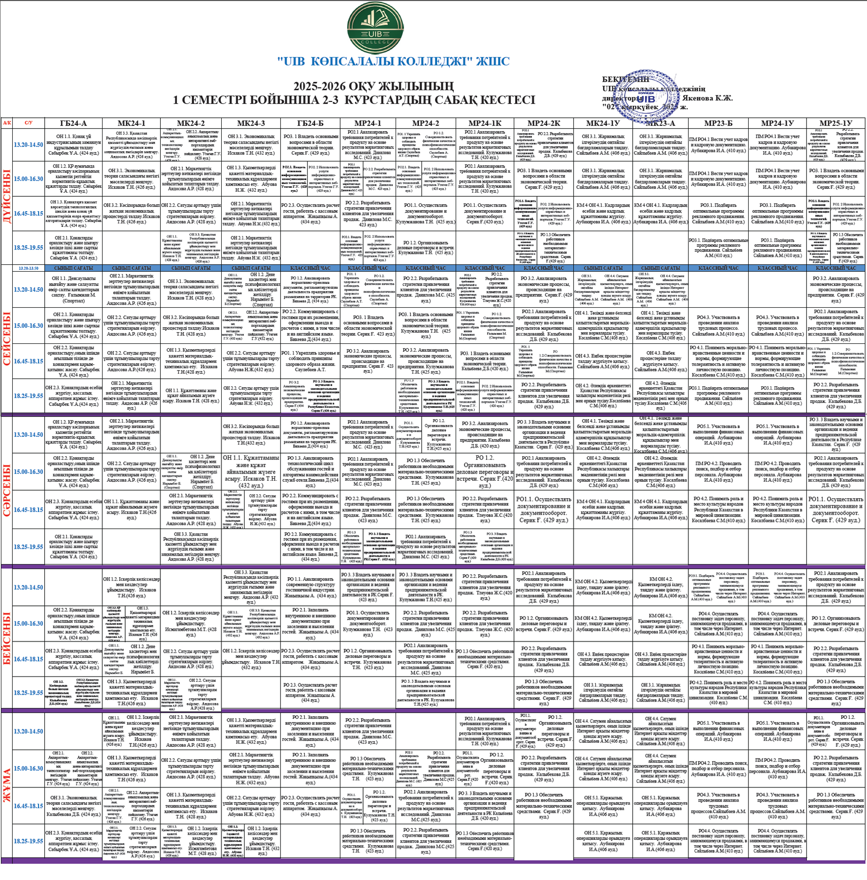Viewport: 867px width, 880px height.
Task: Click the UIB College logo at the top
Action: point(375,28)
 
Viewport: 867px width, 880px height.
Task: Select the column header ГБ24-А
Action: point(73,123)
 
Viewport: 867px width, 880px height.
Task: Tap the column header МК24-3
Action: point(251,123)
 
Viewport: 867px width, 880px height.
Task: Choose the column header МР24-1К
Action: point(485,123)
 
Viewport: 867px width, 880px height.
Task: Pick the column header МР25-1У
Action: point(836,123)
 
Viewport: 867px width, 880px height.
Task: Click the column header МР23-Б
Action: point(718,123)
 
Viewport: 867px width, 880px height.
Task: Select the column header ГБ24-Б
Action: point(310,123)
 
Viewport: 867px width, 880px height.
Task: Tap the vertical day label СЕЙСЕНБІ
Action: point(7,339)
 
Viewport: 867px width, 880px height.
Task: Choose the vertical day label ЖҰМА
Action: point(7,785)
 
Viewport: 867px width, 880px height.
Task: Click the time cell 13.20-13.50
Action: point(29,268)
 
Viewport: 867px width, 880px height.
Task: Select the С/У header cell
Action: point(29,123)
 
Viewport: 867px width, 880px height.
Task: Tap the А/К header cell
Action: point(7,123)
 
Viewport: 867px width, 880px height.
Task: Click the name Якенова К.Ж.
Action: point(711,98)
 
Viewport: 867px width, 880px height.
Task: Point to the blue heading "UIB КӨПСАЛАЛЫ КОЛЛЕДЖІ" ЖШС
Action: point(393,61)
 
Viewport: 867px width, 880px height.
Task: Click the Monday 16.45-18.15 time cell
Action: point(29,213)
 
